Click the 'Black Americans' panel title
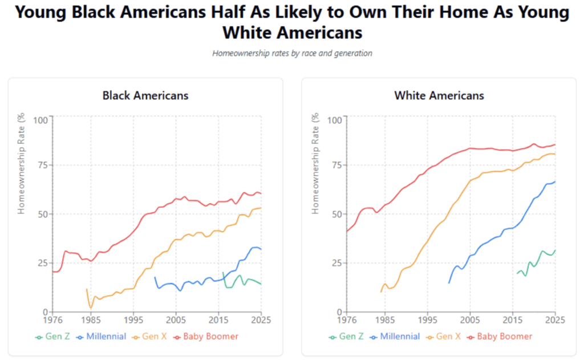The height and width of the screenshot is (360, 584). pos(145,95)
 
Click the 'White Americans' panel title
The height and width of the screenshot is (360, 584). pos(439,95)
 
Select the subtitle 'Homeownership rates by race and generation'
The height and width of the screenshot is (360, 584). pos(292,53)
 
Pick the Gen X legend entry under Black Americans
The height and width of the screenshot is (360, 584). pos(150,337)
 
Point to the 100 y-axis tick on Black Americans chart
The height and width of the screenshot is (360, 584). pos(40,120)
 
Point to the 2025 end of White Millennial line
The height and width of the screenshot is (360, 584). pos(555,181)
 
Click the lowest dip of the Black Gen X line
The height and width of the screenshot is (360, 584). pos(91,308)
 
